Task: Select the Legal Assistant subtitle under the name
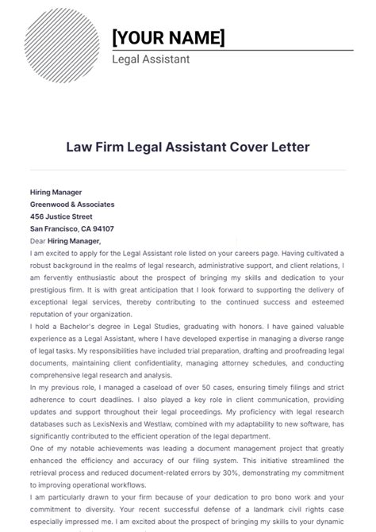pyautogui.click(x=151, y=59)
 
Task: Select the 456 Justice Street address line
pyautogui.click(x=61, y=216)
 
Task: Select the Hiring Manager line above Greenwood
pyautogui.click(x=56, y=191)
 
